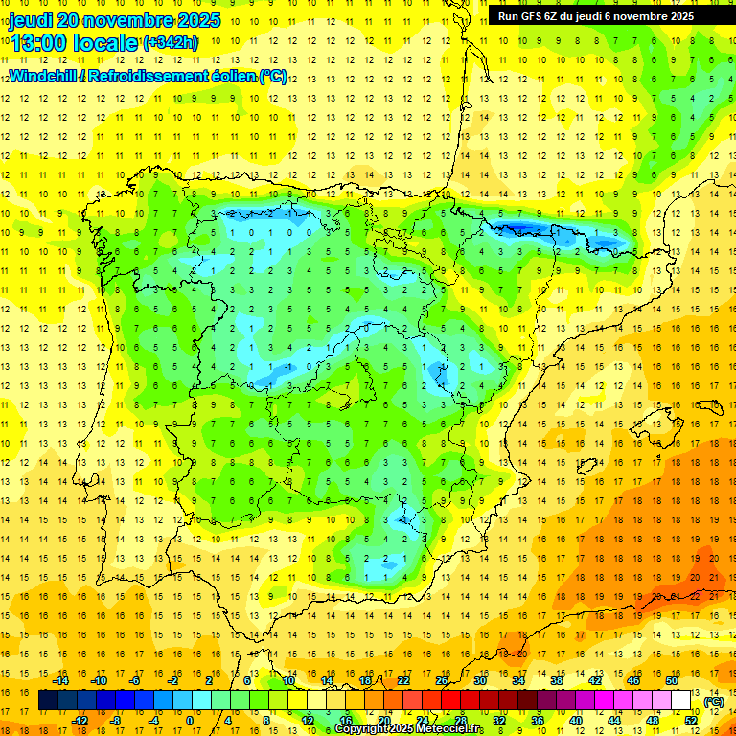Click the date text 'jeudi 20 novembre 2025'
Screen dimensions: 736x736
click(115, 20)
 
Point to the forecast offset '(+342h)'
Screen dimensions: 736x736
click(171, 43)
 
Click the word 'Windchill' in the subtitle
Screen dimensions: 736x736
click(44, 76)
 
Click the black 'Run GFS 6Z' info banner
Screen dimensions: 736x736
click(596, 16)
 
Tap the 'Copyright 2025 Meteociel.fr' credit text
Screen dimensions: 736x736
click(409, 729)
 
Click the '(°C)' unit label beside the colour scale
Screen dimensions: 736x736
click(713, 701)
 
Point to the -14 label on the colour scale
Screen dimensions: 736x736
click(61, 680)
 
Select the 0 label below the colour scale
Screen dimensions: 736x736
click(189, 721)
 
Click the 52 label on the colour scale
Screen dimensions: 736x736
click(691, 721)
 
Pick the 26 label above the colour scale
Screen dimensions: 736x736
click(442, 680)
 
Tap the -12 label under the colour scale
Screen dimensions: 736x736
click(80, 721)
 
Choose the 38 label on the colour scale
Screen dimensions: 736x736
click(556, 680)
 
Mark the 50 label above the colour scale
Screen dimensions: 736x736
click(671, 680)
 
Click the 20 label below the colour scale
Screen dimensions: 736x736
click(383, 721)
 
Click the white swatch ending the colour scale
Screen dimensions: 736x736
click(681, 701)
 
